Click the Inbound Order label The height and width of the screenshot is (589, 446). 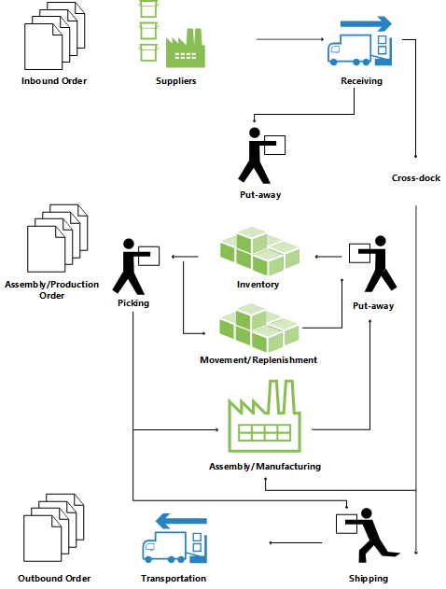[54, 81]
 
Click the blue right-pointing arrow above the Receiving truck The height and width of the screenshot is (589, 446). [365, 22]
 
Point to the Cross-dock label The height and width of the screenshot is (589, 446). [416, 177]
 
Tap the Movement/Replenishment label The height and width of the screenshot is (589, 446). [258, 360]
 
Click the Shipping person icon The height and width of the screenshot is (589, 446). [364, 538]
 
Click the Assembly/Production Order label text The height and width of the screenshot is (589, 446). [52, 289]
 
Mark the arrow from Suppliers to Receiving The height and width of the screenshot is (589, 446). [289, 39]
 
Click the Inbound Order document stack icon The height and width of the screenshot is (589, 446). [52, 36]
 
